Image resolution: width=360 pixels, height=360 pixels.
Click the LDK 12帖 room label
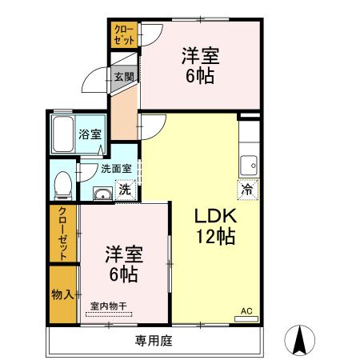216,226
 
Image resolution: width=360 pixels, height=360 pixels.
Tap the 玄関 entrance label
124,78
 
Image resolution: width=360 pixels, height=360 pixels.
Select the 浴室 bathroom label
90,134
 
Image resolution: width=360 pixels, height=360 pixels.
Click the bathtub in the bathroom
63,134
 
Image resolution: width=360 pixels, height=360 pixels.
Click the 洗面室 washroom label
116,169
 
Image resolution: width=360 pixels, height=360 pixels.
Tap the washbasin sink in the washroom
102,194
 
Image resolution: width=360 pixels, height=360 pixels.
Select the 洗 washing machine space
126,190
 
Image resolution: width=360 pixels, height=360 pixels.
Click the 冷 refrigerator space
248,190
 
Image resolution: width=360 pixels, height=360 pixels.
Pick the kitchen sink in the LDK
249,166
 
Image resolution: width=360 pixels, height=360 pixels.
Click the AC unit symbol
246,318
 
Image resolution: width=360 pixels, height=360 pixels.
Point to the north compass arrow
299,340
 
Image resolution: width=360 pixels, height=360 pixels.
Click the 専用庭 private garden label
154,341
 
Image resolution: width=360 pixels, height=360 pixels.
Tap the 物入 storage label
62,294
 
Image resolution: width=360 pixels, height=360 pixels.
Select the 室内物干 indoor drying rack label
109,306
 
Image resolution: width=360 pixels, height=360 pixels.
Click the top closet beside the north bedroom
124,34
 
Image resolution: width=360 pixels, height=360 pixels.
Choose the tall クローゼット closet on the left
63,234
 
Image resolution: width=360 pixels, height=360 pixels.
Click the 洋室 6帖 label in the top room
200,66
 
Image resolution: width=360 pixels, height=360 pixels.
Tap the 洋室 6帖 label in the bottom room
124,264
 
